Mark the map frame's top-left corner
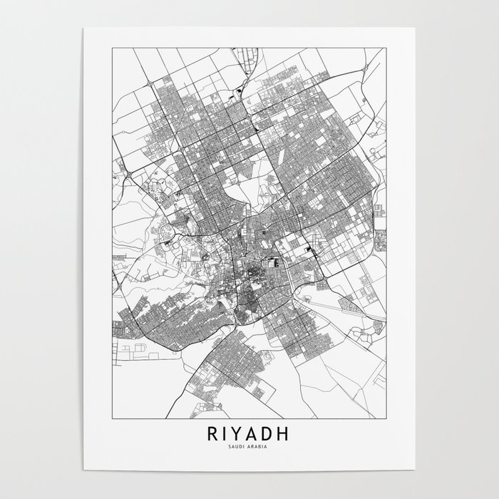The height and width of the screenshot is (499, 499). (x=110, y=48)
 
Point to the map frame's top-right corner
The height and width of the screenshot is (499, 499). (x=389, y=48)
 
